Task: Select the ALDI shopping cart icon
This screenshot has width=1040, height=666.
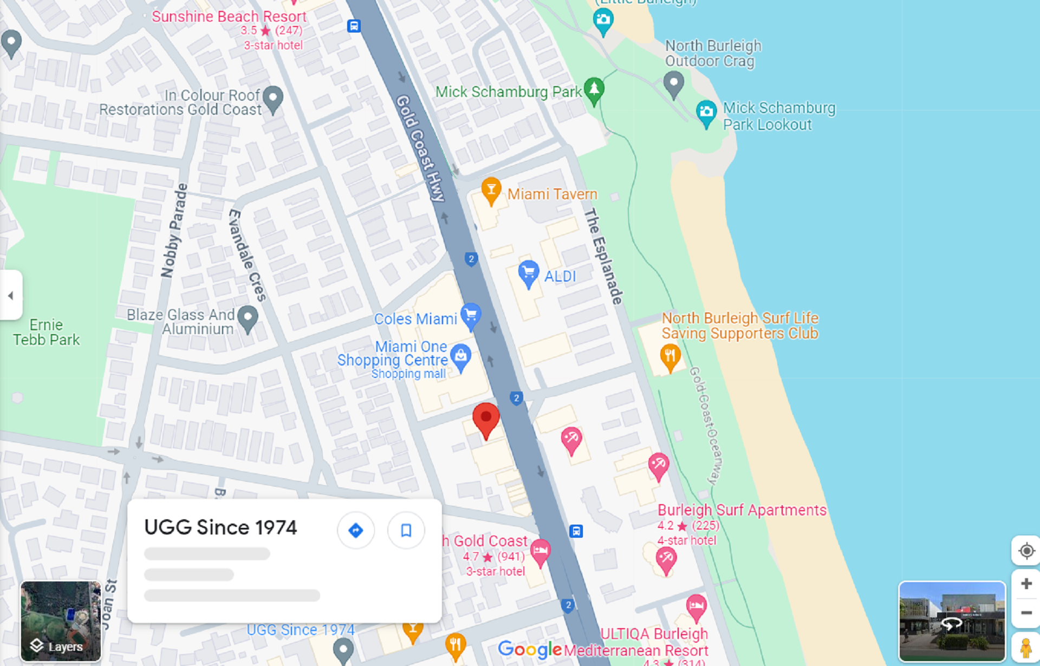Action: (528, 273)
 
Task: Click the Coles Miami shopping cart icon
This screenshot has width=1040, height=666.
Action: (471, 315)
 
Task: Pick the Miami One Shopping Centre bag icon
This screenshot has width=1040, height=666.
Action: (461, 357)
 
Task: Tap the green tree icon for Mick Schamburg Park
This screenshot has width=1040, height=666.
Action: (594, 89)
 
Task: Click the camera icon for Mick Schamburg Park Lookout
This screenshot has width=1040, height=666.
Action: (706, 113)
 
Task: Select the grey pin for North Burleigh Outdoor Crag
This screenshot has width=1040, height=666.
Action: (673, 84)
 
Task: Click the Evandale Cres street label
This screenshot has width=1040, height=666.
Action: (247, 254)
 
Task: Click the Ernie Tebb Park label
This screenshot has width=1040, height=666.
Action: (47, 332)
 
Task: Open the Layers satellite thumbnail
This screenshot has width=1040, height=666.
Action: (61, 621)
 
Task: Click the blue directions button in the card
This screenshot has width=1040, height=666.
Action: (355, 530)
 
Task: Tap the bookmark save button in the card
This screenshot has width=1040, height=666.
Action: (406, 530)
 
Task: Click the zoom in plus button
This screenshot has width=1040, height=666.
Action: (1026, 584)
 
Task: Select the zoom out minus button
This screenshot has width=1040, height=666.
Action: (1026, 613)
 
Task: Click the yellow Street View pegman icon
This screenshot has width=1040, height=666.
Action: (1025, 648)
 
